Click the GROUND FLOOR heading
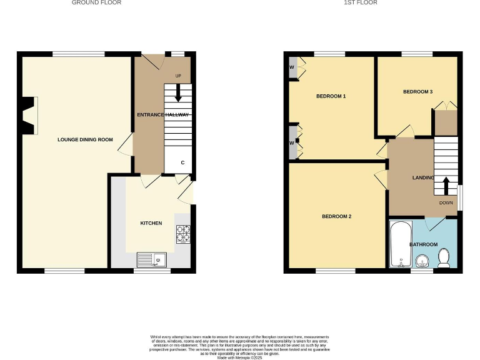pyautogui.click(x=96, y=3)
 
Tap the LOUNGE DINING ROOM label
pyautogui.click(x=85, y=139)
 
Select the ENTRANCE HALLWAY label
pyautogui.click(x=163, y=115)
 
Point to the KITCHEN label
pyautogui.click(x=151, y=223)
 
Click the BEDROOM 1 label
pyautogui.click(x=331, y=96)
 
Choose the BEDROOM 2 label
pyautogui.click(x=336, y=217)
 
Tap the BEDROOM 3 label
pyautogui.click(x=417, y=92)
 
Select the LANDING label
pyautogui.click(x=423, y=178)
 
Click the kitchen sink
pyautogui.click(x=152, y=259)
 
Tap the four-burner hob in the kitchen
pyautogui.click(x=183, y=233)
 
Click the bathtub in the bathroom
pyautogui.click(x=398, y=244)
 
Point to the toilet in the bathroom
pyautogui.click(x=445, y=257)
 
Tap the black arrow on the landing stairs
pyautogui.click(x=446, y=186)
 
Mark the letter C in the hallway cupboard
pyautogui.click(x=182, y=162)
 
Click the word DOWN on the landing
pyautogui.click(x=446, y=203)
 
